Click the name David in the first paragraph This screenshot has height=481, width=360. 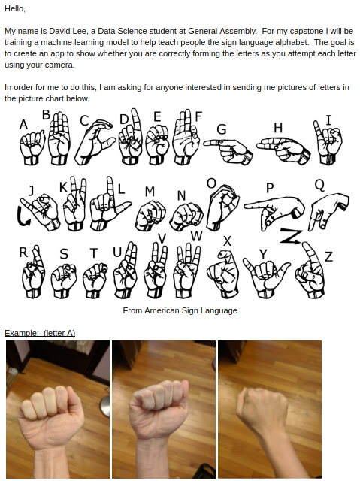(56, 31)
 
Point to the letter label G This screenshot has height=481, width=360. (222, 129)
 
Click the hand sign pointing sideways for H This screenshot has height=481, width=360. (283, 150)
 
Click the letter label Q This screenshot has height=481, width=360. (319, 185)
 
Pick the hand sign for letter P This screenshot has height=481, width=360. (275, 212)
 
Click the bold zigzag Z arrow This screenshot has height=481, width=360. (290, 237)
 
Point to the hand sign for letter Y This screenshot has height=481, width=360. (266, 276)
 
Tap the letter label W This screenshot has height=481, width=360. (197, 236)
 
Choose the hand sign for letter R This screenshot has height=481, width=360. (33, 272)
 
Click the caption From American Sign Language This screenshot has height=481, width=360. (180, 310)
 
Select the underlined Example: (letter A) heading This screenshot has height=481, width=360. (40, 333)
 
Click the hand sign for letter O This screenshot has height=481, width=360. (222, 206)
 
